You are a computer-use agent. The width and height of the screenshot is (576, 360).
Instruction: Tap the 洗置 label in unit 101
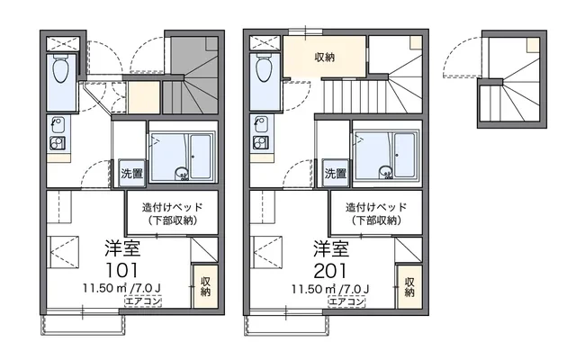[131, 174]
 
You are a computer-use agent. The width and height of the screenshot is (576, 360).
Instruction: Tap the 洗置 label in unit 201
[336, 174]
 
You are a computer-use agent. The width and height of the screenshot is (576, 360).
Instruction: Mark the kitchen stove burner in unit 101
[56, 141]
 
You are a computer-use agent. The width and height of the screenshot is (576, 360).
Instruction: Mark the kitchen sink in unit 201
[260, 123]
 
